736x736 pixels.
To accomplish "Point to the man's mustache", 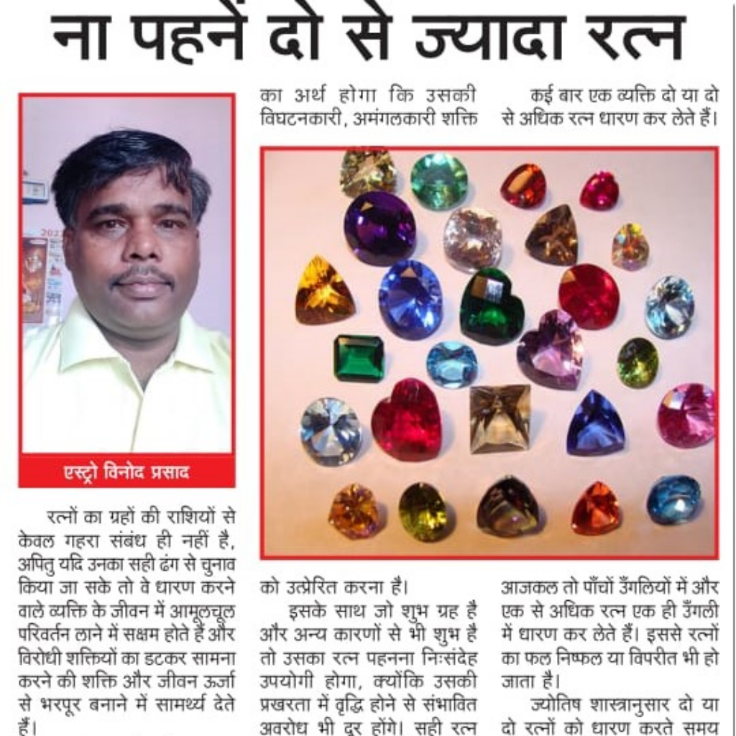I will coord(142,275).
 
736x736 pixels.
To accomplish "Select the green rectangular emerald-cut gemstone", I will coord(359,358).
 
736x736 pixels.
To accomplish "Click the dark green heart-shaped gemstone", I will coord(492,305).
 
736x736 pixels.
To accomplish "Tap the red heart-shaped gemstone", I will coord(407,419).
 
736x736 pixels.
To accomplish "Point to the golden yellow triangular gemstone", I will coord(323,291).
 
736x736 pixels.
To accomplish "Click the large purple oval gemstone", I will coord(379,228).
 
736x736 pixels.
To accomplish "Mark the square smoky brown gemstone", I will coord(500,418).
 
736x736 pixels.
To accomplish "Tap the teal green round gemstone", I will coord(438,181).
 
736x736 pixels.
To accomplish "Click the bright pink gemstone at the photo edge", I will coord(686,415).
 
